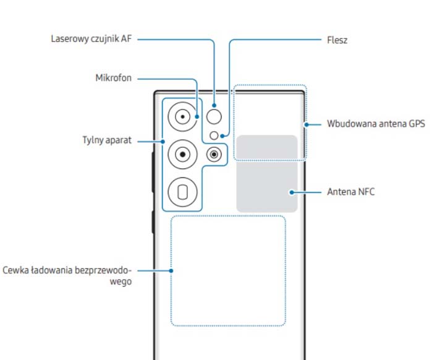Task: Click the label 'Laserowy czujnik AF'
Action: tap(91, 39)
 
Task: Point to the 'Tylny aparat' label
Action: tap(107, 140)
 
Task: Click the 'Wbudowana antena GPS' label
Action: tap(376, 124)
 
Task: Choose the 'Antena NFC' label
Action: tap(350, 192)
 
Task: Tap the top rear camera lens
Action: tap(183, 116)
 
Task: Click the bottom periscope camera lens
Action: tap(183, 192)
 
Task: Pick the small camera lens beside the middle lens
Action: tap(214, 154)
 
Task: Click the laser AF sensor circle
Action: tap(214, 116)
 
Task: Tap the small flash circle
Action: tap(214, 135)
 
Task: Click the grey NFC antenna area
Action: tap(267, 174)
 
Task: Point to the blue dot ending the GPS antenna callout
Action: tap(306, 124)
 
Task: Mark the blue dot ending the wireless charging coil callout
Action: tap(172, 270)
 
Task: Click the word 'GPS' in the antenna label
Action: tap(416, 124)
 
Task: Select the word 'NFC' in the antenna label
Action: tap(365, 192)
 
